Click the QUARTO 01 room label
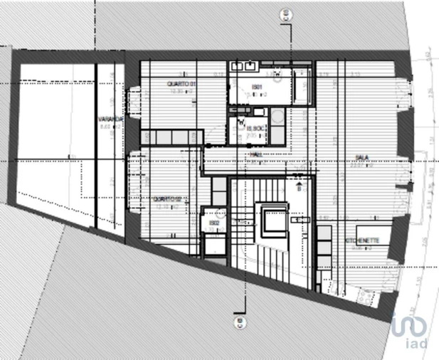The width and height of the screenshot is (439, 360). click(x=181, y=84)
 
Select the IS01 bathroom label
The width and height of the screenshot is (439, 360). click(x=255, y=87)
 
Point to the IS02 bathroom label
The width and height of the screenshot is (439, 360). click(x=214, y=223)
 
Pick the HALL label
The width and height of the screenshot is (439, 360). click(x=255, y=154)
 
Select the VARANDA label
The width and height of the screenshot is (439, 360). click(x=111, y=120)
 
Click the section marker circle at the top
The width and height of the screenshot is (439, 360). click(x=286, y=13)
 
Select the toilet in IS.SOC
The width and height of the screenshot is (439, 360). click(x=242, y=128)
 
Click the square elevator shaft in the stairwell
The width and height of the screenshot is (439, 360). click(x=273, y=222)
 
